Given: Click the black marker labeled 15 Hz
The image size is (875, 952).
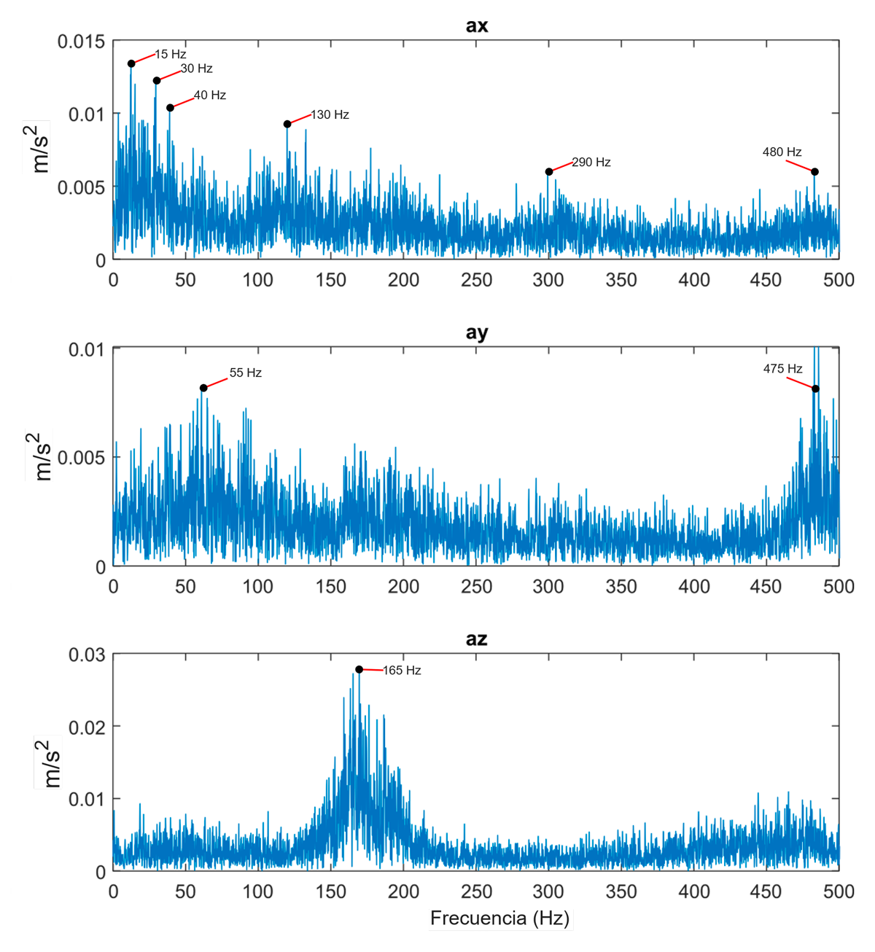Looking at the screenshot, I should (x=131, y=64).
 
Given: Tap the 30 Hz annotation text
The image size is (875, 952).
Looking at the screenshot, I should (x=196, y=69).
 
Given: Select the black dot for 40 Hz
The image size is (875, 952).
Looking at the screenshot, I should (x=170, y=108).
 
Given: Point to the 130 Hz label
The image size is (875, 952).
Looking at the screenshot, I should (x=330, y=114).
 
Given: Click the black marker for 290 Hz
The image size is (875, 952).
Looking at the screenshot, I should (x=549, y=172).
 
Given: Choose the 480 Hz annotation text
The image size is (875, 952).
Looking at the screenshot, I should (x=782, y=152).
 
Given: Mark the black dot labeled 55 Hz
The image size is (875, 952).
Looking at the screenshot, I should (x=203, y=388).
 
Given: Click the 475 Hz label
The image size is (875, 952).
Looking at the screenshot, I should (x=782, y=369).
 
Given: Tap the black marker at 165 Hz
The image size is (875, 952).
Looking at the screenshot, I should (x=359, y=669).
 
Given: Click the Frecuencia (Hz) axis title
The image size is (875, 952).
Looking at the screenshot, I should (x=499, y=918).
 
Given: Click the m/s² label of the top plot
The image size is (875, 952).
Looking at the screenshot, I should (x=37, y=147).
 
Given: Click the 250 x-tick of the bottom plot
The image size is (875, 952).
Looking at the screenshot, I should (x=475, y=891).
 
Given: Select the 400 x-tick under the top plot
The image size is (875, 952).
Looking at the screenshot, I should (x=693, y=280).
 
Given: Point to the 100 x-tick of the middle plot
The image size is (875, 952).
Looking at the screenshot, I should (x=257, y=587).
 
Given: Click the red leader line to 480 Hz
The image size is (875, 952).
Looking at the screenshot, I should (x=800, y=165).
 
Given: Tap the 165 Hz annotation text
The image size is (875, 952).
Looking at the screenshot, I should (x=402, y=670).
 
